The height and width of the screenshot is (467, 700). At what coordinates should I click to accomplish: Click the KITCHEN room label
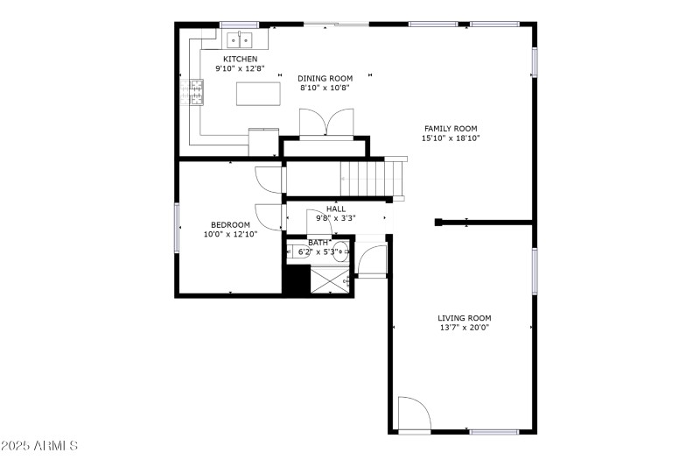point(240,59)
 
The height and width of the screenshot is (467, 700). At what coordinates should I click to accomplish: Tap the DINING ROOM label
point(325,78)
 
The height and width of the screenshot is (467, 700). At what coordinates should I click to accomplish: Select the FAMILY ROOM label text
point(451,129)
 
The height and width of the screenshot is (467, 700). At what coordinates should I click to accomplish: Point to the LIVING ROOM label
point(465,318)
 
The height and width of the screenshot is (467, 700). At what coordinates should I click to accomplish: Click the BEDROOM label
point(230,224)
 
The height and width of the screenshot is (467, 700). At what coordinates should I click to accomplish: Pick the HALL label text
point(336,209)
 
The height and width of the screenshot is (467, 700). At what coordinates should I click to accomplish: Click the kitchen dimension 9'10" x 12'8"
point(240,68)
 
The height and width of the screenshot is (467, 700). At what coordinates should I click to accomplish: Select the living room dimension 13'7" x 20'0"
point(465,328)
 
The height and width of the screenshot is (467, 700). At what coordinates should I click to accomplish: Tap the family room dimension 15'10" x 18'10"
point(451,138)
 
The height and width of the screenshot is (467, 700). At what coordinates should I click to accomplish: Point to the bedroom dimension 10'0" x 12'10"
point(230,234)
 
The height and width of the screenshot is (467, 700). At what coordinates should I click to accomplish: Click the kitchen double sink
point(240,39)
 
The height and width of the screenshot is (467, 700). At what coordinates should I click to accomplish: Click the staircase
point(373,178)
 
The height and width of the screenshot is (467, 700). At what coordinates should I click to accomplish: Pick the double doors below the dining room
point(325,124)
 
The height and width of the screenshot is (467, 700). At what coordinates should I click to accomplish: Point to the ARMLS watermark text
point(40,446)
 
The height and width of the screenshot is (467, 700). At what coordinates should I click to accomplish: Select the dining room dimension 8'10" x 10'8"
point(325,88)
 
